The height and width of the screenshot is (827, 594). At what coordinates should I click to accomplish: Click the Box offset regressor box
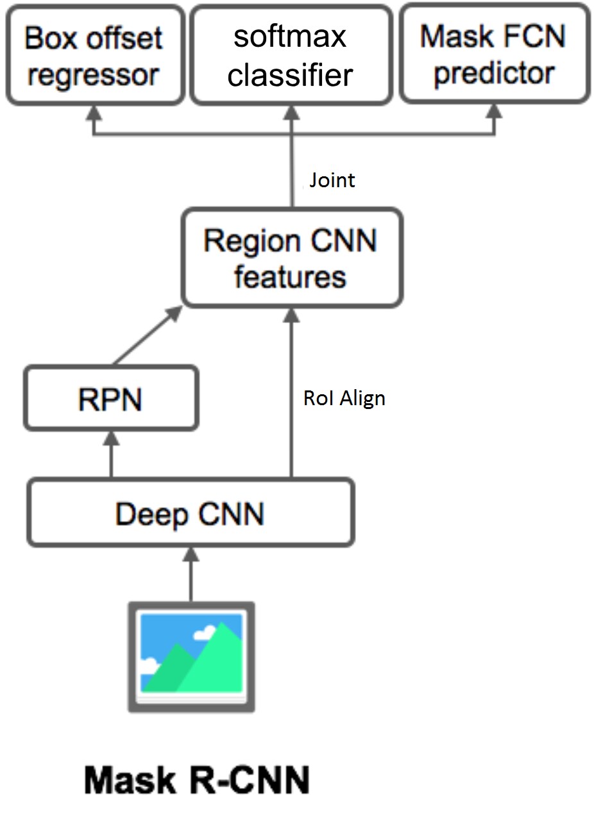pos(94,56)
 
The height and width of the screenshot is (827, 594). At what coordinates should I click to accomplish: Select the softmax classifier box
pos(291,56)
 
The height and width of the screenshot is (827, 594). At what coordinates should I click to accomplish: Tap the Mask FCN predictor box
pos(494,54)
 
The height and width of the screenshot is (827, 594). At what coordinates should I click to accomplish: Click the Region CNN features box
pos(292,258)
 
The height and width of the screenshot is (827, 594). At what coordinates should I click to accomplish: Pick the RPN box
pos(110,399)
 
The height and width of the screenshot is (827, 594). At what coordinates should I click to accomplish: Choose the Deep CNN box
pos(190,514)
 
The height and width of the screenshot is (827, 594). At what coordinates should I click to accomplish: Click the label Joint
pos(332,180)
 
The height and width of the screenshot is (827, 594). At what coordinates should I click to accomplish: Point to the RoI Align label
pos(344,398)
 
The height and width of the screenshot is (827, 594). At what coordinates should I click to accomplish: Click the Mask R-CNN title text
pos(197,780)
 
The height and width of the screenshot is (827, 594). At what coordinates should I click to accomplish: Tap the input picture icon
pos(191,656)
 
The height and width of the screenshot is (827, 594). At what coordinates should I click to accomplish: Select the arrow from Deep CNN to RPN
pos(111,455)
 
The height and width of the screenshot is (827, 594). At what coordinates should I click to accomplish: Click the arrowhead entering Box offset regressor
pos(94,113)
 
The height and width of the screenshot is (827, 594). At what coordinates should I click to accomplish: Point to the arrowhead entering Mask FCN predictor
pos(494,112)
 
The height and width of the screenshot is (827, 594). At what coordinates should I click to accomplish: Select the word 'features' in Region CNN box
pos(290,277)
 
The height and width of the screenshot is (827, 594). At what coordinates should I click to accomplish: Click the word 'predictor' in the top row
pos(494,73)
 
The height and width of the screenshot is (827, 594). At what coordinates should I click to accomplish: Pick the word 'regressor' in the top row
pos(94,75)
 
